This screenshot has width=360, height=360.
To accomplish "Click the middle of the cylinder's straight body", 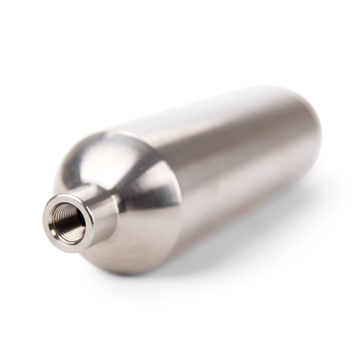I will (225, 153).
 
